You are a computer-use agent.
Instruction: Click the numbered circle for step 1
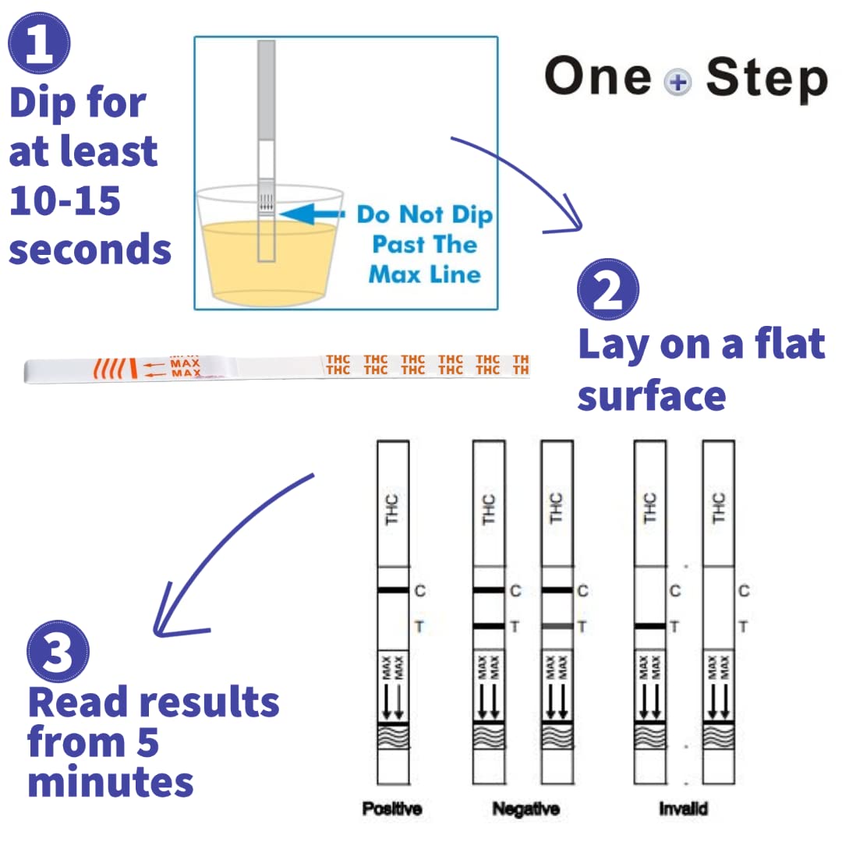tap(39, 43)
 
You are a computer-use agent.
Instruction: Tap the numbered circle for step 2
tap(608, 289)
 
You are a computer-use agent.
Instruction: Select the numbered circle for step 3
tap(58, 651)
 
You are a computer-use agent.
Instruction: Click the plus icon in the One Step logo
tap(677, 83)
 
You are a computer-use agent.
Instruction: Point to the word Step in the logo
tap(767, 79)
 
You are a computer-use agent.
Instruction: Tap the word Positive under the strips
tap(392, 808)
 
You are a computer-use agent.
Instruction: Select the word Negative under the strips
tap(526, 808)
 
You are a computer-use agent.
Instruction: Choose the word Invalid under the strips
tap(684, 808)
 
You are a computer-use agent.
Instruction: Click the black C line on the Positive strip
tap(393, 590)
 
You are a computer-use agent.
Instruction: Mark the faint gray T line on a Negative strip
tap(557, 626)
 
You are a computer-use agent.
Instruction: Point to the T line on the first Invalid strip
tap(650, 626)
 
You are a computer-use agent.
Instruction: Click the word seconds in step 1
tap(90, 249)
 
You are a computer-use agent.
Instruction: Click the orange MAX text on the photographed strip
tap(186, 368)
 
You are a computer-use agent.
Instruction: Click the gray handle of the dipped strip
tap(267, 90)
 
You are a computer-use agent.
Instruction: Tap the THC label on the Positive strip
tap(392, 509)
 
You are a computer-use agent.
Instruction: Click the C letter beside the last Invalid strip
tap(744, 591)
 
